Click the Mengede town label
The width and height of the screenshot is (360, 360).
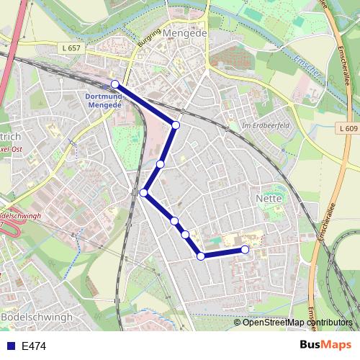[x=185, y=33]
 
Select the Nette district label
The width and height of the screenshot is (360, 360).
[x=268, y=197]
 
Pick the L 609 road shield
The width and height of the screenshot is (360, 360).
[x=346, y=128]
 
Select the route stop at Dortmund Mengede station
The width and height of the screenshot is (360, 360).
[x=115, y=84]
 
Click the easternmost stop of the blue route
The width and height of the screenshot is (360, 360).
[x=245, y=249]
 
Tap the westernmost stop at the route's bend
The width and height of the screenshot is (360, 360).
[x=144, y=192]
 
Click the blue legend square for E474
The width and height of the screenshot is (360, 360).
[x=8, y=346]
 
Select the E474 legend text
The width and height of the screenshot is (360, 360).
[x=34, y=346]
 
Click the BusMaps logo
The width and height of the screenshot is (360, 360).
[x=325, y=346]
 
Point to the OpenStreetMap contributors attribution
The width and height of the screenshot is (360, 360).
[x=297, y=323]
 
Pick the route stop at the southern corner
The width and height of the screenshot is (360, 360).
[x=201, y=256]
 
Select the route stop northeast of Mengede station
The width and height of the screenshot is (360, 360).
[x=176, y=125]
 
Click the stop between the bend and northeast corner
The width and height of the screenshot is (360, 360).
[x=161, y=164]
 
